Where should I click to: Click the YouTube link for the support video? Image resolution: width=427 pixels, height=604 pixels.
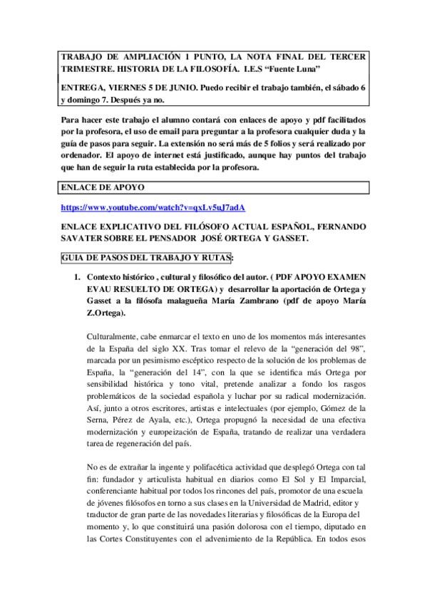[x=153, y=207]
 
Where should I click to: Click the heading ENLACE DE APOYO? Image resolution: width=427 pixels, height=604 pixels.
[x=104, y=187]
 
